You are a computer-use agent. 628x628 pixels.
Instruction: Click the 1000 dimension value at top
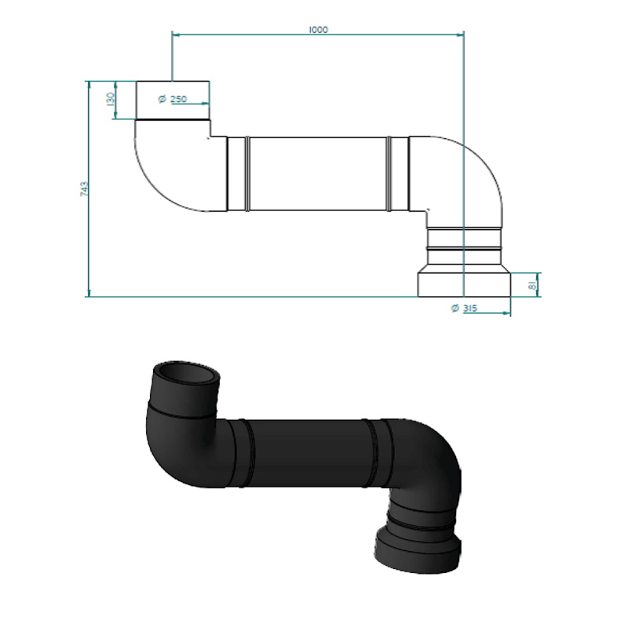pyautogui.click(x=319, y=30)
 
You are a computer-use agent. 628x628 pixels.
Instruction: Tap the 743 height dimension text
pyautogui.click(x=84, y=188)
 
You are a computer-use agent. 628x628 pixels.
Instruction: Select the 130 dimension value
pyautogui.click(x=111, y=99)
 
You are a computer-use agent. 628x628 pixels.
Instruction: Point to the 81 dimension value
pyautogui.click(x=532, y=285)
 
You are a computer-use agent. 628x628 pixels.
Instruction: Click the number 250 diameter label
pyautogui.click(x=179, y=99)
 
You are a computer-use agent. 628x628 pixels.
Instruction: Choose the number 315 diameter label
pyautogui.click(x=470, y=308)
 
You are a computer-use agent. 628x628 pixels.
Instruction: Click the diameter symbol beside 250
pyautogui.click(x=162, y=99)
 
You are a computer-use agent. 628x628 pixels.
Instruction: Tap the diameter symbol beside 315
pyautogui.click(x=455, y=308)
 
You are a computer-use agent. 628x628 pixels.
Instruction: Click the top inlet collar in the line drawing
pyautogui.click(x=173, y=100)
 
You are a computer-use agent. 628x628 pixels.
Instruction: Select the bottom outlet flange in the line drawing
pyautogui.click(x=464, y=285)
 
